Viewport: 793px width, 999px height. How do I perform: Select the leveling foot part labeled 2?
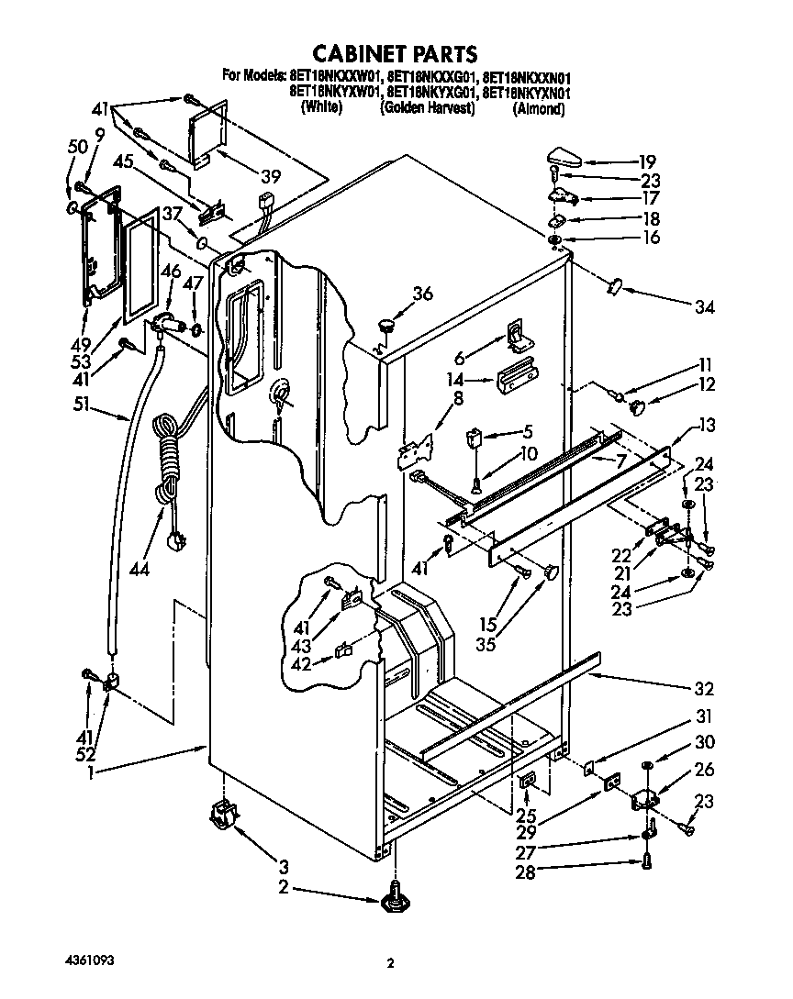click(x=395, y=894)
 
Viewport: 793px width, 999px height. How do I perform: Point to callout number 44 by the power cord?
click(x=140, y=569)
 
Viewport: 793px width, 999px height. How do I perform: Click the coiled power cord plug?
click(x=171, y=541)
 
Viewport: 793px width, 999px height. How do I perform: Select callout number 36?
click(x=421, y=294)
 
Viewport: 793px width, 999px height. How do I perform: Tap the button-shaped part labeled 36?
click(x=385, y=323)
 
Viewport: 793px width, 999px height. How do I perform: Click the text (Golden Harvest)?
click(x=428, y=108)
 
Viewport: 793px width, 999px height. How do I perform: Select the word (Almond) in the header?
click(x=538, y=108)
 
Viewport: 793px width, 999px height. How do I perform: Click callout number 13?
click(x=705, y=426)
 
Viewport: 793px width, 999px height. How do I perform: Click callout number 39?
click(x=270, y=177)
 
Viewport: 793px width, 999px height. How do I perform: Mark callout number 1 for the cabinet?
click(x=91, y=772)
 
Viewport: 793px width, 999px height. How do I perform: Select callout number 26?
click(x=704, y=770)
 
